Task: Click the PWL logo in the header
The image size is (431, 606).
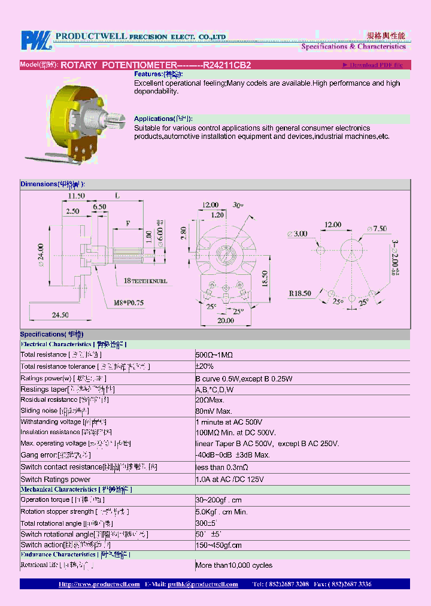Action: [37, 40]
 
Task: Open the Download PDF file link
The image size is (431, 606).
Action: [372, 65]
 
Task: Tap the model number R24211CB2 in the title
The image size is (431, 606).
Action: [227, 65]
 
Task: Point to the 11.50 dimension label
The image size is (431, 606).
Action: [76, 196]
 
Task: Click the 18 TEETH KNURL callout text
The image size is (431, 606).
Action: [145, 280]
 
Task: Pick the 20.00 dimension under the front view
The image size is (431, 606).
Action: [226, 320]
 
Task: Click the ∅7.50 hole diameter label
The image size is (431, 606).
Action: [376, 229]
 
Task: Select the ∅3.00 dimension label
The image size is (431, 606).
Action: [298, 234]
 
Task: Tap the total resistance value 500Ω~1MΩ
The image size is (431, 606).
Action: [214, 355]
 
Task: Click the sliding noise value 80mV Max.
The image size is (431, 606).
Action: [214, 411]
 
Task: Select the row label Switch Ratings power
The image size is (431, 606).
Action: [55, 479]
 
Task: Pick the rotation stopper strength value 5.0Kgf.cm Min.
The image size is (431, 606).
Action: [221, 512]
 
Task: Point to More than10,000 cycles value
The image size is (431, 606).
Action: [233, 565]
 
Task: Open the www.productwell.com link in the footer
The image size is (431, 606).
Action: [99, 584]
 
